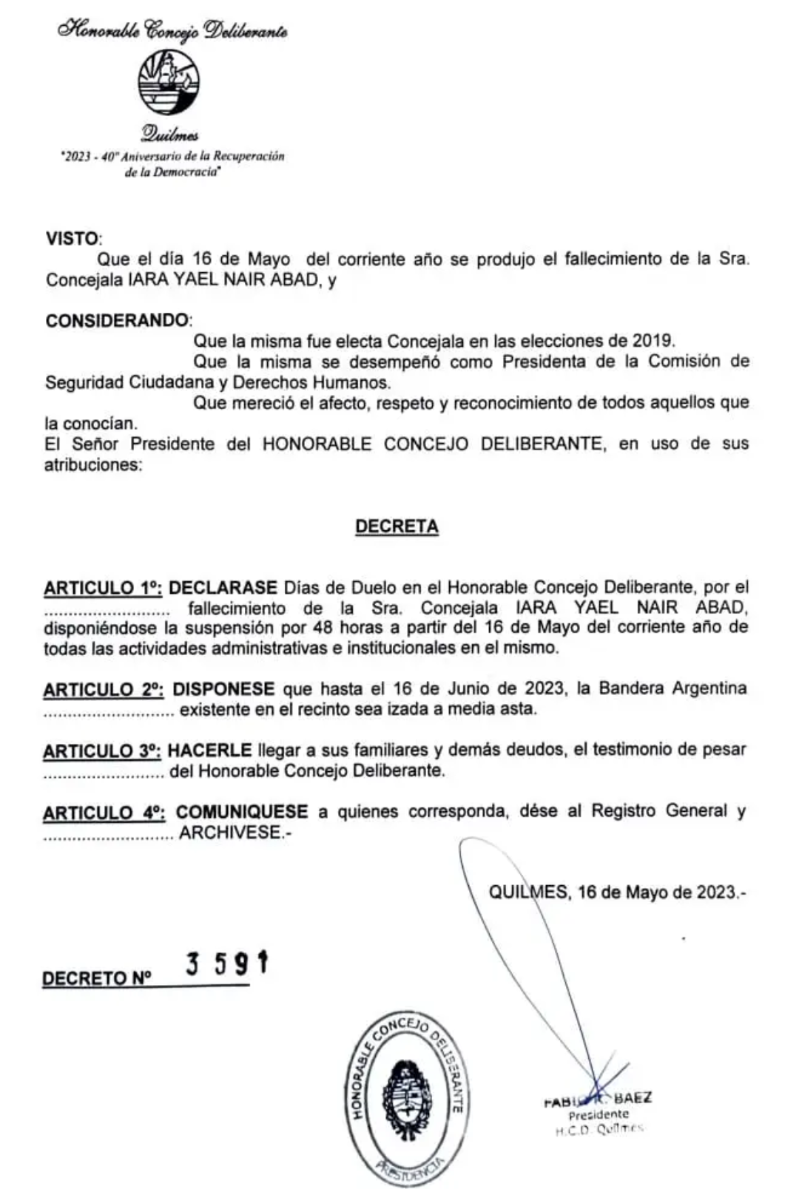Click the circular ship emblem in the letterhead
click(x=169, y=82)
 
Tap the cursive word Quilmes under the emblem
click(x=169, y=135)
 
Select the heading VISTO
click(x=72, y=239)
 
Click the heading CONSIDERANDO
click(x=117, y=320)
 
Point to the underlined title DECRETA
click(x=397, y=526)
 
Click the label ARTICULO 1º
click(x=103, y=589)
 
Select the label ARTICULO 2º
click(x=104, y=690)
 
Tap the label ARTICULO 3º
click(x=102, y=751)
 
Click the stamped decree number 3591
click(x=226, y=963)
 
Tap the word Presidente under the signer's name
click(x=599, y=1114)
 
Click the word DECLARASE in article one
click(x=223, y=588)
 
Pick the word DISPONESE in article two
click(x=223, y=689)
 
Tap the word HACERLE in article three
click(x=209, y=750)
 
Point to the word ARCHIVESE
click(x=230, y=833)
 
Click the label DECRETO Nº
click(x=96, y=978)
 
